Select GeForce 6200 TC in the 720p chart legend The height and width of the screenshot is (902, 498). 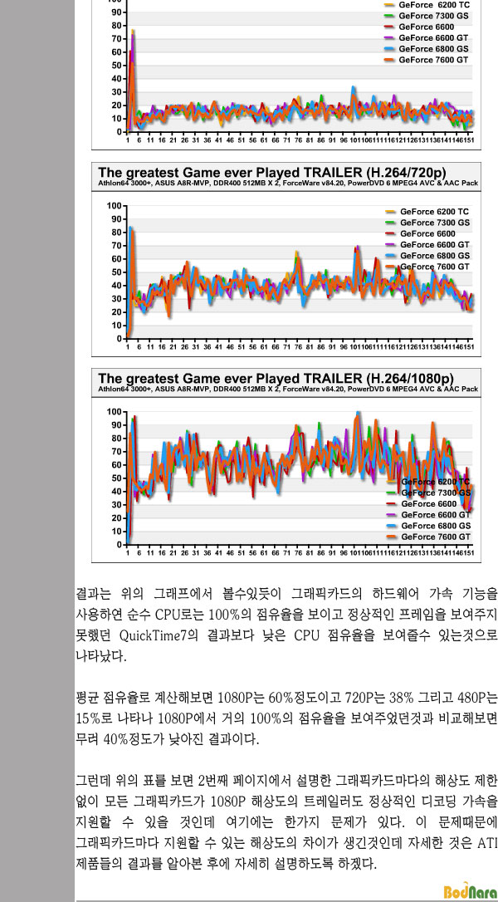coord(434,212)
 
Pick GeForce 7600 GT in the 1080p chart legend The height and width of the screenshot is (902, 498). coord(435,537)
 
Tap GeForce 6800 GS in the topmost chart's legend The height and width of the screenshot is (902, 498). coord(433,49)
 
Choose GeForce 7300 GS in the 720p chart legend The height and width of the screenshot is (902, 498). coord(434,223)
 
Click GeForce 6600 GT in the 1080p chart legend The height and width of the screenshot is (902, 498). coord(435,515)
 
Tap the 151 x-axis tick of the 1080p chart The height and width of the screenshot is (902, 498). coord(469,551)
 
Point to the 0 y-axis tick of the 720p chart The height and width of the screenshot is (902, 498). coord(121,338)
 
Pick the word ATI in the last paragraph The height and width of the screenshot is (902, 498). coord(487,843)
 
